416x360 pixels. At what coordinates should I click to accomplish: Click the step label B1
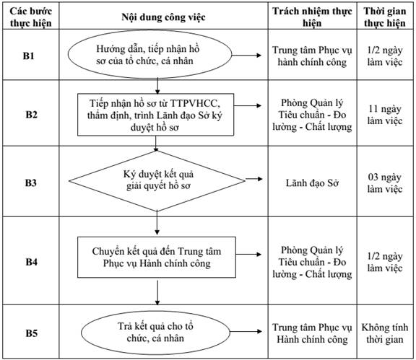(x=28, y=56)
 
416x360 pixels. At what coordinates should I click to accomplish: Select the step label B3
(x=30, y=183)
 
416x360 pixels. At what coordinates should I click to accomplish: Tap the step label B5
(x=31, y=333)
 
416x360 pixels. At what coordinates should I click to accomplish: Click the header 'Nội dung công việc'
(x=163, y=17)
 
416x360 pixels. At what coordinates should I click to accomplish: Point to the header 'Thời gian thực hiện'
(x=385, y=17)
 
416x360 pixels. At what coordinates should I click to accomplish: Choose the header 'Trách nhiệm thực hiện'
(x=312, y=17)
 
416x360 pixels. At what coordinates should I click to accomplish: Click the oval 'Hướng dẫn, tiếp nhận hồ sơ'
(x=150, y=55)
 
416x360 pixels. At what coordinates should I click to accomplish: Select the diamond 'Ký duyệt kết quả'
(x=157, y=181)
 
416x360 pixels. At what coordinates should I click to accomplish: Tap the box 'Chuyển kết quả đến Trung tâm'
(x=157, y=257)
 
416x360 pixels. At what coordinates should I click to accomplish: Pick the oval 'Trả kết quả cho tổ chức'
(x=155, y=333)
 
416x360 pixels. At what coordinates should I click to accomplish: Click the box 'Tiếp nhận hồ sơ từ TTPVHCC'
(x=156, y=115)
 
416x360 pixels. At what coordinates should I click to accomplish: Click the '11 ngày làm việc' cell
(x=385, y=115)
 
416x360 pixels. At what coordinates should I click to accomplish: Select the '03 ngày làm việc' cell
(x=385, y=183)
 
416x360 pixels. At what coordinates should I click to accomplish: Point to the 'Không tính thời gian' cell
(x=385, y=333)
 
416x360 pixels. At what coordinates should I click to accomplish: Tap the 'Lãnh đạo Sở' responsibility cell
(x=312, y=183)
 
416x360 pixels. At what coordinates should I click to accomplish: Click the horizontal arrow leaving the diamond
(x=254, y=179)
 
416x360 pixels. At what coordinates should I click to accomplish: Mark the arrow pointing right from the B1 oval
(x=246, y=55)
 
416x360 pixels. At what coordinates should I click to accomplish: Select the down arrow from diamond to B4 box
(x=157, y=223)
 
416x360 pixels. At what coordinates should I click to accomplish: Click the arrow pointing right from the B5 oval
(x=246, y=331)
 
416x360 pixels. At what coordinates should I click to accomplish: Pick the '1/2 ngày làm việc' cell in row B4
(x=385, y=262)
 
